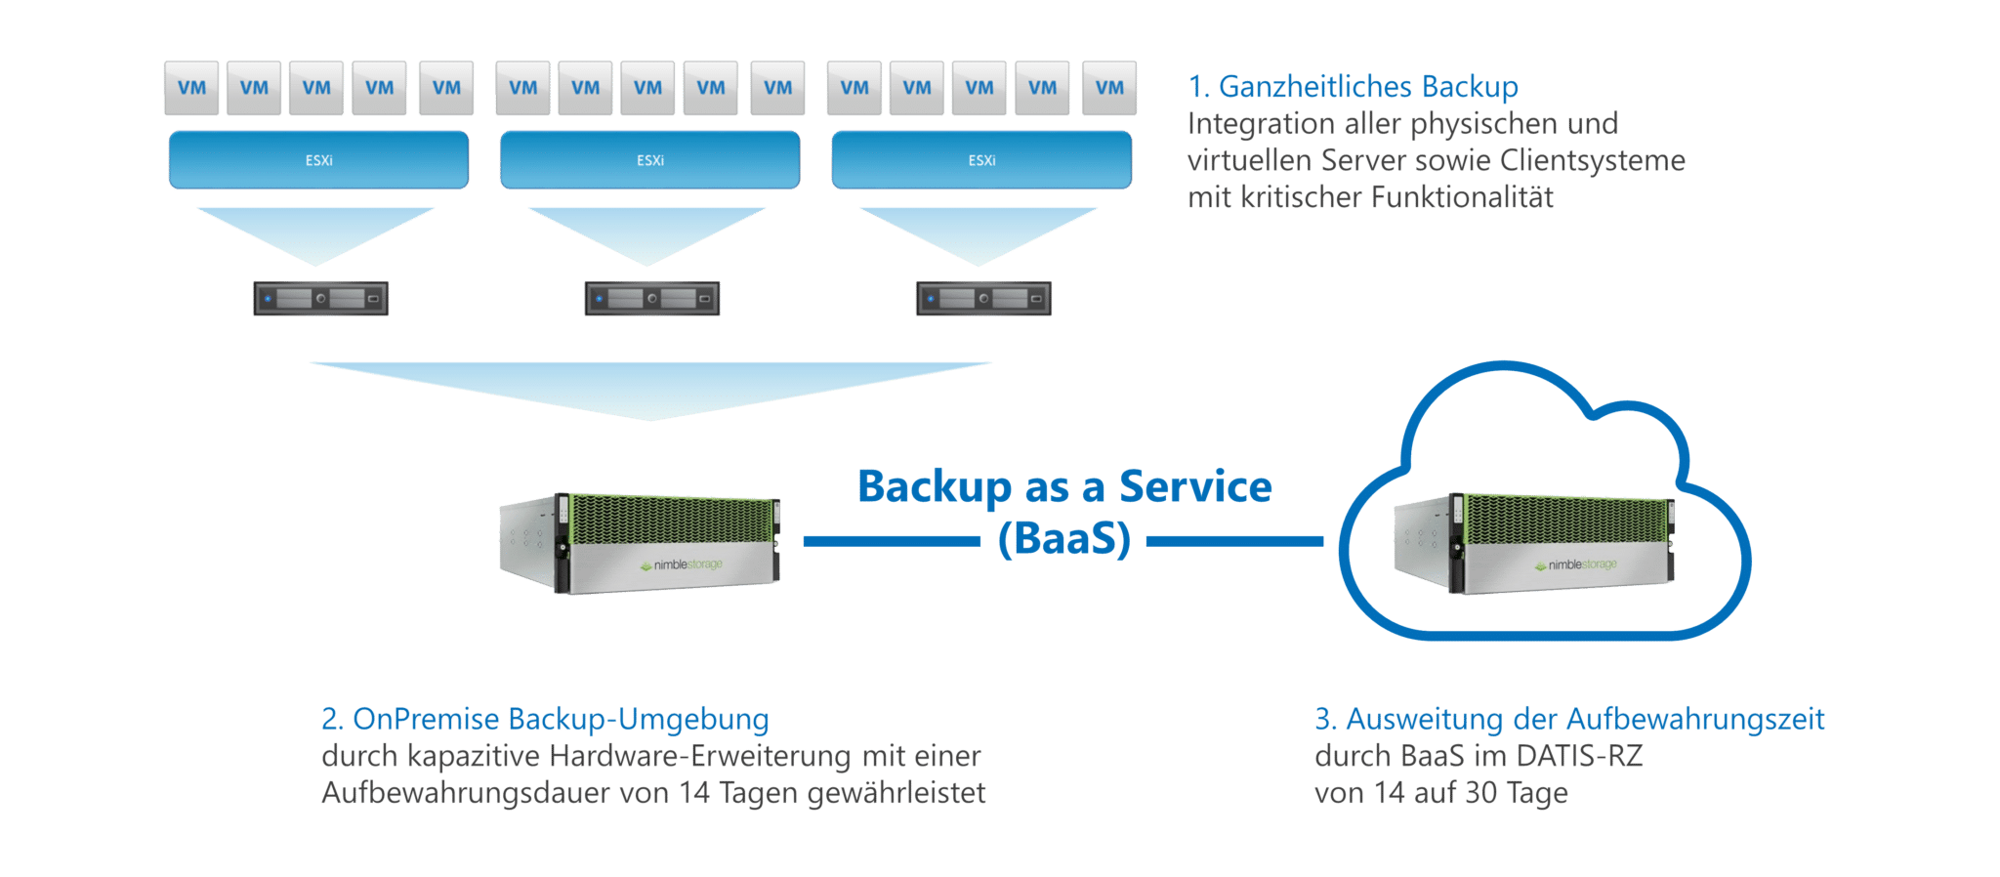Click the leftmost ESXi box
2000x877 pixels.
coord(318,159)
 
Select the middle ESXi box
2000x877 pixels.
coord(649,159)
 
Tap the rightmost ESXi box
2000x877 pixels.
coord(981,159)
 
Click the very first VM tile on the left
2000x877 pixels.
coord(191,88)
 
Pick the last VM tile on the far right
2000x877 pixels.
coord(1108,88)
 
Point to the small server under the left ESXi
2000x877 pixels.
coord(320,298)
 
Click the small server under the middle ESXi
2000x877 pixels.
coord(651,298)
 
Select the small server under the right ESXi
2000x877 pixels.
coord(983,298)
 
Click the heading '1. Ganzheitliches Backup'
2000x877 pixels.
coord(1353,87)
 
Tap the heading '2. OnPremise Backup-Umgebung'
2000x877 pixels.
coord(545,720)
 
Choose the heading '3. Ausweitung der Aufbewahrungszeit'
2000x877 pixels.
coord(1569,720)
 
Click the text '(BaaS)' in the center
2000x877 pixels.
coord(1063,540)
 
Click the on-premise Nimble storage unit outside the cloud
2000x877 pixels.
coord(640,543)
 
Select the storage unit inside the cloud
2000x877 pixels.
coord(1534,543)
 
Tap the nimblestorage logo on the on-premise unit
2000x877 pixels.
coord(681,565)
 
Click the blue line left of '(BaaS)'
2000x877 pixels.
coord(890,540)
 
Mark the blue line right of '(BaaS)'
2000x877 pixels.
coord(1234,540)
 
